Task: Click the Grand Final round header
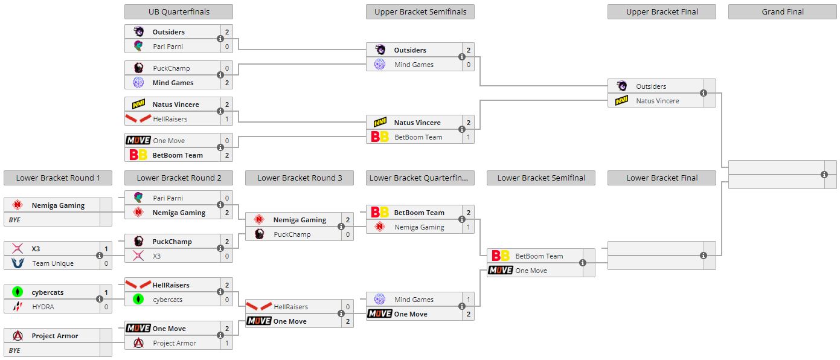(x=782, y=12)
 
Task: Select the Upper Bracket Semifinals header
(x=420, y=12)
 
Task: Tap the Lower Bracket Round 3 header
(x=299, y=178)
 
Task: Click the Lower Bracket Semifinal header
(x=540, y=178)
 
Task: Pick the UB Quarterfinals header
(x=178, y=12)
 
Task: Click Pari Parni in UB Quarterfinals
(x=167, y=47)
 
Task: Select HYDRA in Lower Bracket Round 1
(x=43, y=307)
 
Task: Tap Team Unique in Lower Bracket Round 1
(x=53, y=263)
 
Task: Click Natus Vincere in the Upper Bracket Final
(x=657, y=101)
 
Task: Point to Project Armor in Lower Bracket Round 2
(x=175, y=343)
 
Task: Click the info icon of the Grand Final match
(x=824, y=175)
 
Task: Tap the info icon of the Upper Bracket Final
(x=704, y=93)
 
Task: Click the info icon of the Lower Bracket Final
(x=704, y=256)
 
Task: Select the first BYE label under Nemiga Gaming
(x=15, y=220)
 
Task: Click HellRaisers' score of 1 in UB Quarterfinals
(x=227, y=119)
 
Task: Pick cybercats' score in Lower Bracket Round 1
(x=106, y=292)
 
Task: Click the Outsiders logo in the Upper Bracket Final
(x=621, y=86)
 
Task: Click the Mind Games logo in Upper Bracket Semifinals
(x=380, y=65)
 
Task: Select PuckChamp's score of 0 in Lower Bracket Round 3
(x=348, y=234)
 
